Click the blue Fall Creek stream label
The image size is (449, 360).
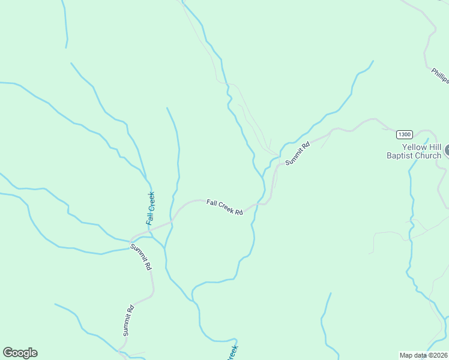click(x=151, y=208)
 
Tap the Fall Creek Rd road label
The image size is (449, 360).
click(x=224, y=208)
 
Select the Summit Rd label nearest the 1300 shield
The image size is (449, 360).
click(x=298, y=154)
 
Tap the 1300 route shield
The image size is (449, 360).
click(x=404, y=134)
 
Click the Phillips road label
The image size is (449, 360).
click(x=440, y=76)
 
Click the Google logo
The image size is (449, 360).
click(x=20, y=353)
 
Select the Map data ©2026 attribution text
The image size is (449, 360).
click(x=424, y=355)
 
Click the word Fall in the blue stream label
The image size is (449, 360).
click(x=149, y=217)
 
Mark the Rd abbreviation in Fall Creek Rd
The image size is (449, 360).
click(x=238, y=212)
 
